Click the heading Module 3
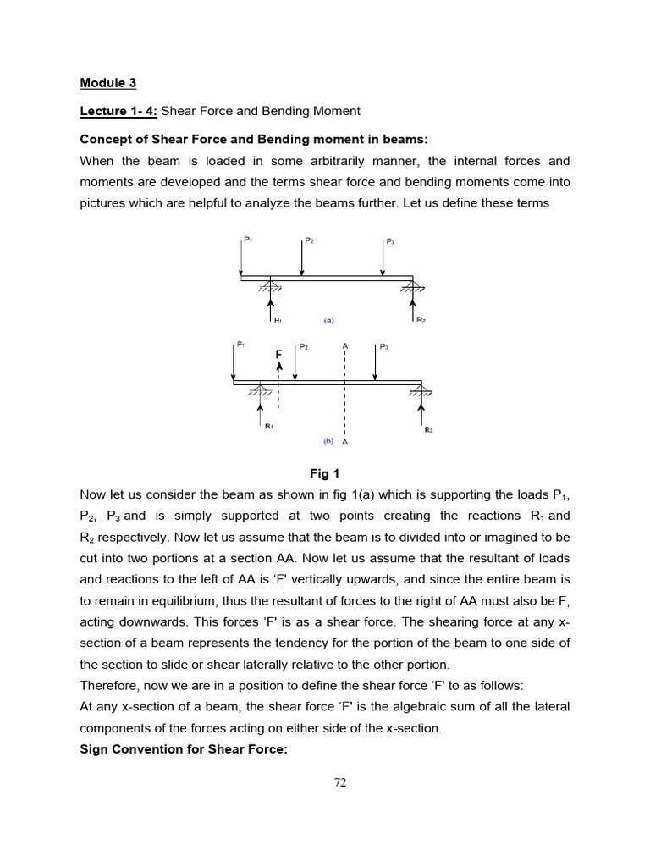tap(107, 83)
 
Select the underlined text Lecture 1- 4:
tap(118, 111)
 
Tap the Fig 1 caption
tap(325, 473)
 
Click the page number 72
tap(339, 782)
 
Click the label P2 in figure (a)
tap(310, 240)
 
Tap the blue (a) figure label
tap(330, 321)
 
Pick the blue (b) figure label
tap(328, 441)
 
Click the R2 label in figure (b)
tap(428, 430)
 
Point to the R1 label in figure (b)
tap(268, 427)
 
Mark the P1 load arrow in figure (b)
tap(234, 362)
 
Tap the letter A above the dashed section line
tap(344, 345)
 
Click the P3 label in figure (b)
tap(384, 346)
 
